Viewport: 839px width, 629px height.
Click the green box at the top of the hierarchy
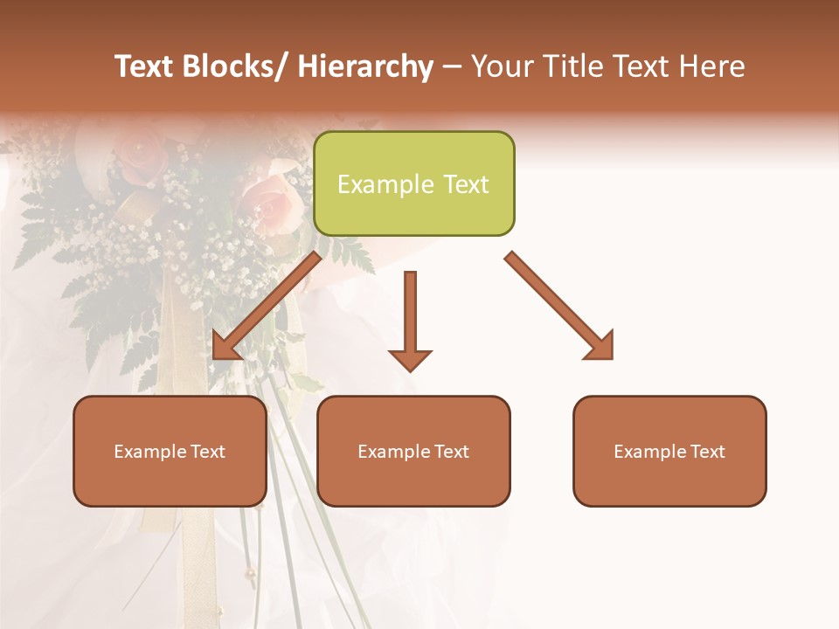pyautogui.click(x=413, y=183)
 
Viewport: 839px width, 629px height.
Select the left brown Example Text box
pyautogui.click(x=170, y=451)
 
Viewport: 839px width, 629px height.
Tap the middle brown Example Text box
pyautogui.click(x=413, y=451)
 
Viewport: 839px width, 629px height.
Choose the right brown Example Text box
pyautogui.click(x=669, y=451)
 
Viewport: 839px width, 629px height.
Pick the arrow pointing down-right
pyautogui.click(x=559, y=306)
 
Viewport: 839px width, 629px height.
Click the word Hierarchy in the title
pyautogui.click(x=365, y=66)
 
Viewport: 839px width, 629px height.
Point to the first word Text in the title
pyautogui.click(x=145, y=66)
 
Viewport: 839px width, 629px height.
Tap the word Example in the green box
pyautogui.click(x=385, y=184)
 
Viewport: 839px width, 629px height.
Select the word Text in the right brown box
pyautogui.click(x=706, y=452)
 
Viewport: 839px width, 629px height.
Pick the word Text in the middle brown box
pyautogui.click(x=450, y=452)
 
